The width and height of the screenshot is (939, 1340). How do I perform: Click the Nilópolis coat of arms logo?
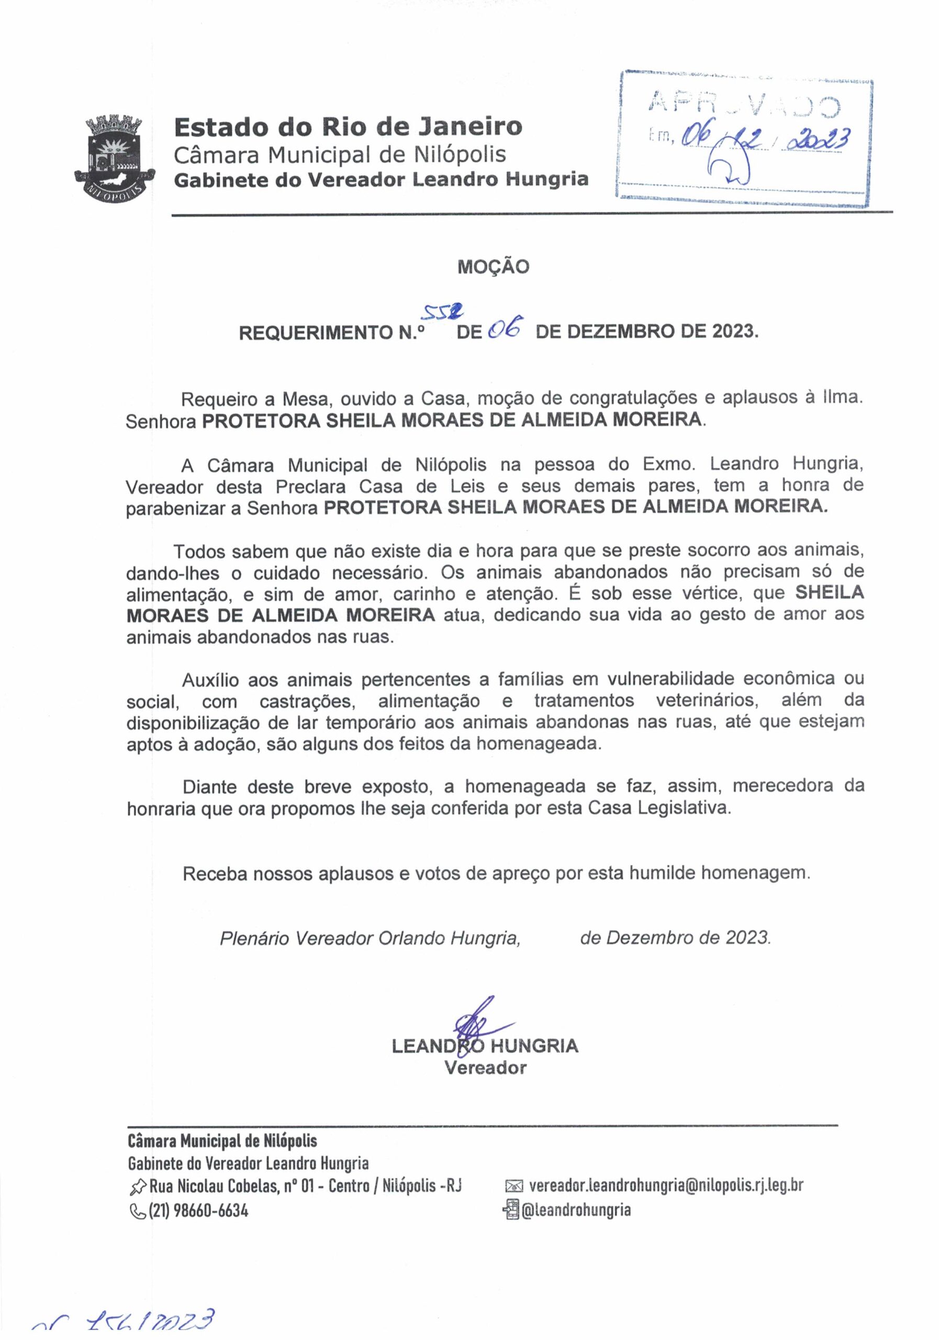point(116,157)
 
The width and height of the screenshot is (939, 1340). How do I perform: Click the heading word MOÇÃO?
point(493,267)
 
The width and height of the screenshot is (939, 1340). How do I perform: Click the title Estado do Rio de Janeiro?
point(348,127)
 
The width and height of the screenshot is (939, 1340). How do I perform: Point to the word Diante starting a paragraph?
point(210,787)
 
